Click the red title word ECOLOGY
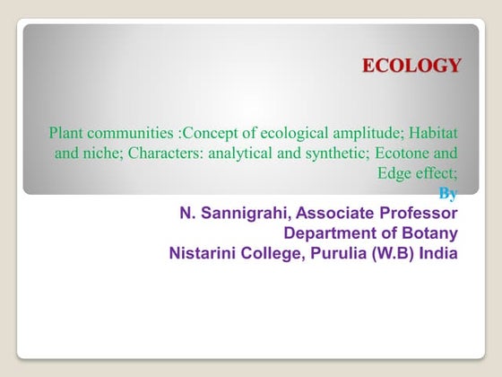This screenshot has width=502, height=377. click(x=411, y=66)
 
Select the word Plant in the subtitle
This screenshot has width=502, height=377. click(x=65, y=134)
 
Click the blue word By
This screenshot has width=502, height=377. click(x=448, y=193)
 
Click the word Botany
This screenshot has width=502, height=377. click(x=431, y=233)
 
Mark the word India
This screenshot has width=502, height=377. click(x=437, y=253)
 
